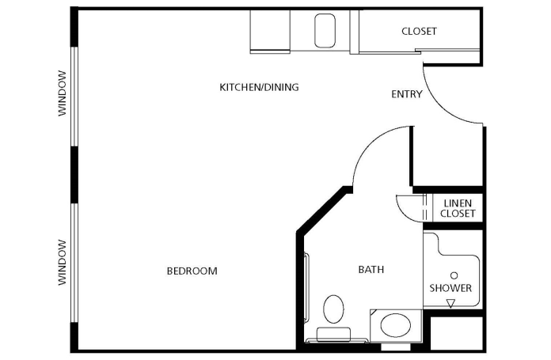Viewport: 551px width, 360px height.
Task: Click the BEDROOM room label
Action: point(192,271)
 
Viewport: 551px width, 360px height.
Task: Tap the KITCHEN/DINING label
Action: point(259,87)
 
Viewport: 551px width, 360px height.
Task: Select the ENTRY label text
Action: point(407,94)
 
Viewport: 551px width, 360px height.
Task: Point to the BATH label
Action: point(371,269)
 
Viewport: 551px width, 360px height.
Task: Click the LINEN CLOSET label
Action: point(458,208)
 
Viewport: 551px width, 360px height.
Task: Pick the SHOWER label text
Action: point(450,288)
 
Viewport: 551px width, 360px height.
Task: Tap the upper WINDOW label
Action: point(63,93)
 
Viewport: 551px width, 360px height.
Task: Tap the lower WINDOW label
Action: point(63,263)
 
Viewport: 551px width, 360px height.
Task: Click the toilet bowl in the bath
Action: point(333,309)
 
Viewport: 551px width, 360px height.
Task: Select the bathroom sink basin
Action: point(396,325)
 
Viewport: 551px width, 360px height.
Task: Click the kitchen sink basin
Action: point(325,31)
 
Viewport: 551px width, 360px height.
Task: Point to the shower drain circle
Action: point(454,275)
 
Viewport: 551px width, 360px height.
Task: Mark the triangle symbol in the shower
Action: point(450,303)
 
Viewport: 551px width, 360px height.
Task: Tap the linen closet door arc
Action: point(404,213)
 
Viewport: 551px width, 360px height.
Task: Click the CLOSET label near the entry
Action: point(420,32)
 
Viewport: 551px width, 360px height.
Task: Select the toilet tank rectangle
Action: point(333,334)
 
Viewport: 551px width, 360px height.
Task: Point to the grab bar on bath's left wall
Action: point(307,287)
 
